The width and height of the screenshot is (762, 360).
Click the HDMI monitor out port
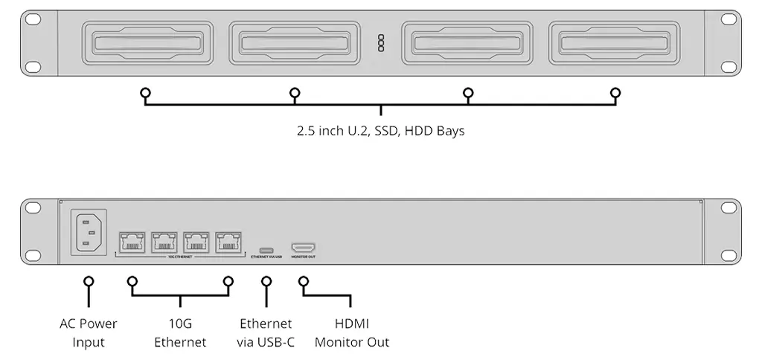click(303, 247)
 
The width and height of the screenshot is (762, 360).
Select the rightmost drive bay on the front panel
click(615, 47)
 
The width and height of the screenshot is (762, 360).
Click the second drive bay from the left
click(295, 47)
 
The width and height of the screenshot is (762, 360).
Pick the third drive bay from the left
click(469, 47)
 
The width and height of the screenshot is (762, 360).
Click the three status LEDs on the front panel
click(381, 43)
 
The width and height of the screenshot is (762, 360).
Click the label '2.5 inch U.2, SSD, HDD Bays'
click(380, 132)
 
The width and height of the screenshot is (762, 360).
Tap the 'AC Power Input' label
click(89, 333)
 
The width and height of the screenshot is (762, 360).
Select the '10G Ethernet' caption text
click(180, 333)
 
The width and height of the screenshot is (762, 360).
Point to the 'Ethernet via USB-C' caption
click(266, 333)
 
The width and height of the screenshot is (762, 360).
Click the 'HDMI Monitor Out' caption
click(352, 333)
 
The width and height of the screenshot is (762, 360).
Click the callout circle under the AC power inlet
click(89, 282)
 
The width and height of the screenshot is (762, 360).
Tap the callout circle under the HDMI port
click(303, 282)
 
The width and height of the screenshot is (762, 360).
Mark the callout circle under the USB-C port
click(266, 282)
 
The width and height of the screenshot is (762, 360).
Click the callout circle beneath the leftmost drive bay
click(146, 93)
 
